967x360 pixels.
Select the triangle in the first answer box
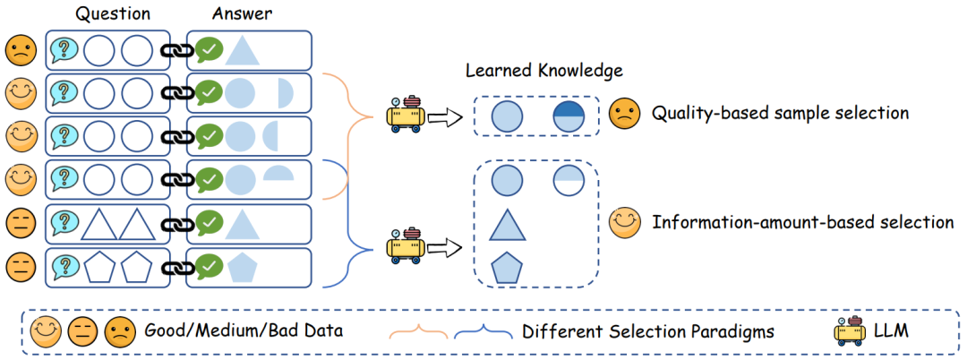point(242,50)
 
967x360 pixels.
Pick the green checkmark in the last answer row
point(209,266)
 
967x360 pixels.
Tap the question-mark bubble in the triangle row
point(64,223)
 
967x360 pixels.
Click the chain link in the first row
point(175,51)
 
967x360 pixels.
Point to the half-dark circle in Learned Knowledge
point(569,117)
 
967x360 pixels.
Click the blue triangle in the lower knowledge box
point(507,224)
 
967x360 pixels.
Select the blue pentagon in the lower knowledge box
point(507,267)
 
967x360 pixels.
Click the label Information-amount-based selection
point(802,222)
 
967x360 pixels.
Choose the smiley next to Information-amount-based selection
point(623,221)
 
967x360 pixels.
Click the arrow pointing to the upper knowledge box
point(445,116)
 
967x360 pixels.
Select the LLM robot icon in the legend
point(848,330)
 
